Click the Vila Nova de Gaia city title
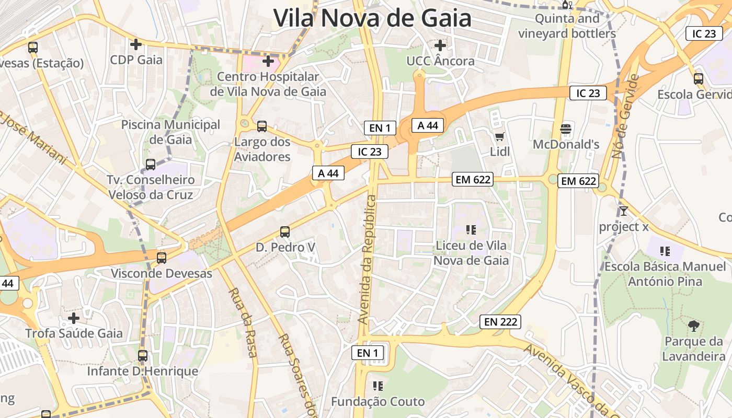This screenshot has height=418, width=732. point(372,18)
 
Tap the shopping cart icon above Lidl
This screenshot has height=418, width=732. point(499,137)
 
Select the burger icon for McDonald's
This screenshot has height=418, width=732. point(566,129)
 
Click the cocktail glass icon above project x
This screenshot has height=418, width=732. point(623,211)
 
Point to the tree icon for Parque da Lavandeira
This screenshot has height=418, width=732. point(694,326)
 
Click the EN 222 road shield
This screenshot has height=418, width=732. point(500,322)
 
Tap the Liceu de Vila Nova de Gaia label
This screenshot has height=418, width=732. point(471,253)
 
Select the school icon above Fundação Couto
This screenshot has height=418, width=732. point(378,386)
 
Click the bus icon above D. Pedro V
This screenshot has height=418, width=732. point(285,231)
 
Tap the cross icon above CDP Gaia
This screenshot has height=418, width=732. point(136,44)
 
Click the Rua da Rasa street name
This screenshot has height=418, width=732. point(243,322)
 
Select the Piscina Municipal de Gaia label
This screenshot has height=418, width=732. point(170,132)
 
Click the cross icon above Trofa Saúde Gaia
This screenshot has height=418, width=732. point(74,318)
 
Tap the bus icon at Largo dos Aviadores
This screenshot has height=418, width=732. point(262,126)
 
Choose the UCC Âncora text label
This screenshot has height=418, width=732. point(440,61)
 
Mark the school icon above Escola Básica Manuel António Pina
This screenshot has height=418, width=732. point(665,251)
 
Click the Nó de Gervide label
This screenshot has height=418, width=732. point(625,117)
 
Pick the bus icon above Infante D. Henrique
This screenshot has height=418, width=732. point(143,356)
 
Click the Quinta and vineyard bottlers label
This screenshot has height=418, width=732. point(567,27)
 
